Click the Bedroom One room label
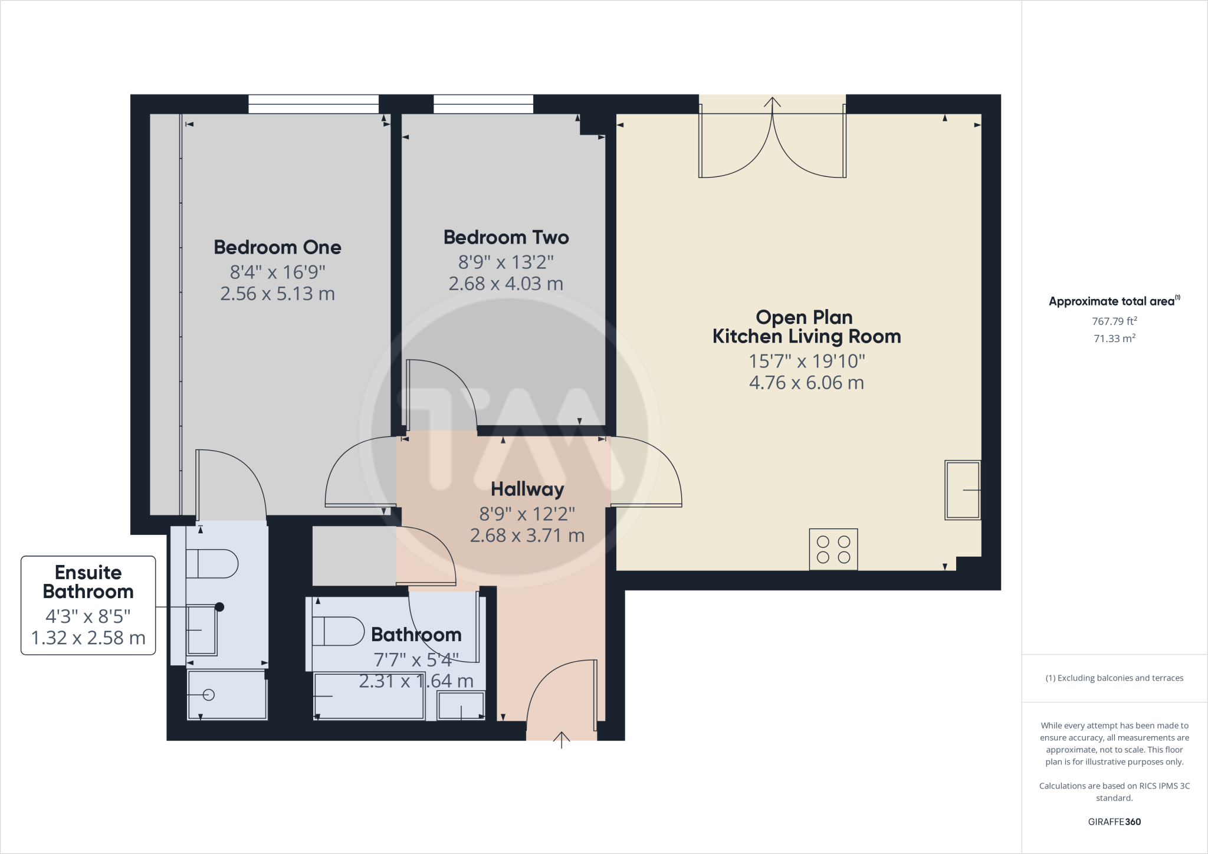[x=277, y=247]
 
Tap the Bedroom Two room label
[x=506, y=237]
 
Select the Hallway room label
[x=527, y=489]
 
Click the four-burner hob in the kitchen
[x=833, y=549]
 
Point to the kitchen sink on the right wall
[x=963, y=490]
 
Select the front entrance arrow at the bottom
[x=562, y=740]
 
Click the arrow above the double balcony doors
[x=772, y=102]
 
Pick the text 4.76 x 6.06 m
[x=806, y=383]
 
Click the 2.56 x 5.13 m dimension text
[x=277, y=294]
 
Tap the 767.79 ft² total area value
[x=1114, y=321]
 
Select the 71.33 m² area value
[x=1114, y=339]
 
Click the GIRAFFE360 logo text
[x=1114, y=822]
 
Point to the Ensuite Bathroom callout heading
[x=88, y=582]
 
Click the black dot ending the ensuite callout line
[x=219, y=607]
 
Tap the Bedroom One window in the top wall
[x=313, y=104]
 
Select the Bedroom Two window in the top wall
[x=483, y=104]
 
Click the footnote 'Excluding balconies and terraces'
[x=1114, y=678]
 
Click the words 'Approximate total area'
[x=1111, y=301]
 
